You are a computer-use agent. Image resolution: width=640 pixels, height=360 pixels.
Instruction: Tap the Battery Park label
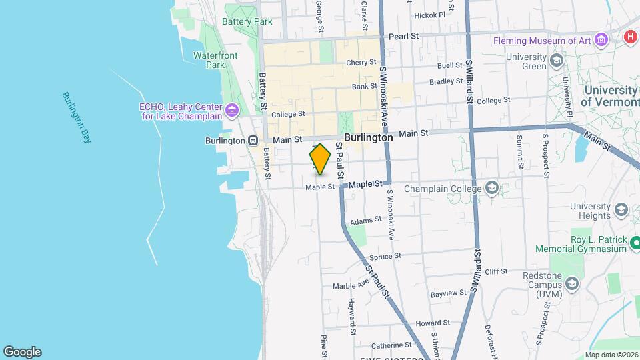247,21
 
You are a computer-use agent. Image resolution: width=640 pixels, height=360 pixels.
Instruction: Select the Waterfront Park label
215,60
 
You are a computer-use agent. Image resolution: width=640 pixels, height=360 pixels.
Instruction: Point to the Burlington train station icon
253,141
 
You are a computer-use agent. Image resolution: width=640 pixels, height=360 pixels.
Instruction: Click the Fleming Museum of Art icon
602,40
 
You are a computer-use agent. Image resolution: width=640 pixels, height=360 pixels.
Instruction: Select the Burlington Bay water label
76,117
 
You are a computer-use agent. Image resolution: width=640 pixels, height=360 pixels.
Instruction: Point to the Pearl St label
403,36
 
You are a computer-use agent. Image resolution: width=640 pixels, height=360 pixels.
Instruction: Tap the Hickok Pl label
429,15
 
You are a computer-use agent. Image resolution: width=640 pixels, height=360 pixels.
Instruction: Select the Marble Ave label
351,285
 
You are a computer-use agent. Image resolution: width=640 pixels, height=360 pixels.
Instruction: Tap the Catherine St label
391,345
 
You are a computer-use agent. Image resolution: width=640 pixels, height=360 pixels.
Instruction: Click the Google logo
22,352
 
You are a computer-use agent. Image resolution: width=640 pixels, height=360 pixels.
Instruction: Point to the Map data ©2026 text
611,355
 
